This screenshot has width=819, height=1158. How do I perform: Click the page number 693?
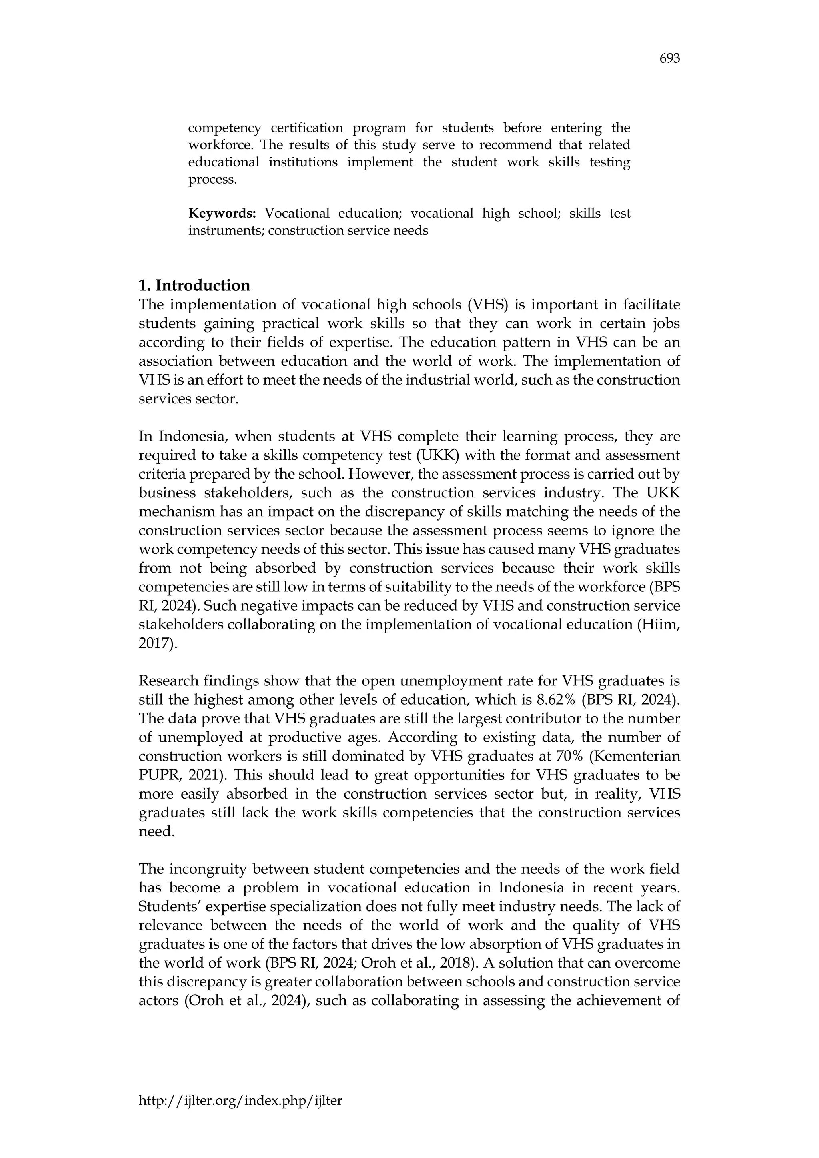[x=669, y=59]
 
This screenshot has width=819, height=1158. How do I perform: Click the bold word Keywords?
[x=222, y=214]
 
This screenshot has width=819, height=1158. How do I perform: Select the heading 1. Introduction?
[x=194, y=286]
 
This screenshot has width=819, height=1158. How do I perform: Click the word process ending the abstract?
[x=212, y=180]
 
